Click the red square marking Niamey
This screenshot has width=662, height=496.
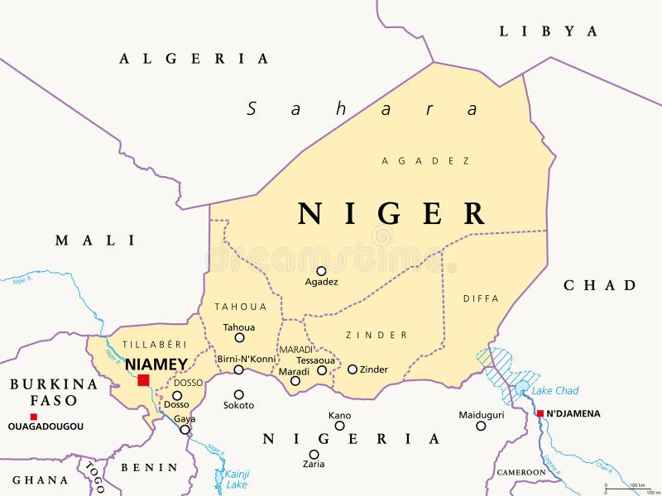coord(143,380)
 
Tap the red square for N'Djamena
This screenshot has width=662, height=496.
coord(540,413)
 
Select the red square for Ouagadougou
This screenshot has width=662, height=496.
coord(33,417)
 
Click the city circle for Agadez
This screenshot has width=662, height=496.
coord(321,270)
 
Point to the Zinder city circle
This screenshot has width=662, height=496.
coord(352,370)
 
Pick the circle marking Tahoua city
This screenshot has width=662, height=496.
coord(239,337)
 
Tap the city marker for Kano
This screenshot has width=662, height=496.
coord(339,426)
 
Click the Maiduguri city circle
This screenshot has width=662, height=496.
coord(481,426)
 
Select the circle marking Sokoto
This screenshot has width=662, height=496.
coord(238,394)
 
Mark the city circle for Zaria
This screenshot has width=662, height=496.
coord(314,454)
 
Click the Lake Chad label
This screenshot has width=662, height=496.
coord(554,390)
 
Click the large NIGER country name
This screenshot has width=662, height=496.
coord(392,213)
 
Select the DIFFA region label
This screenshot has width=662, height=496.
coord(481,298)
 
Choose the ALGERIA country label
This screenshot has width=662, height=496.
coord(194,59)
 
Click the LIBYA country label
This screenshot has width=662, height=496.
coord(548,31)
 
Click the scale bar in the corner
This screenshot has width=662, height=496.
coord(628,489)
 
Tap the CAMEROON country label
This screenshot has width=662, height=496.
coord(520,472)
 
